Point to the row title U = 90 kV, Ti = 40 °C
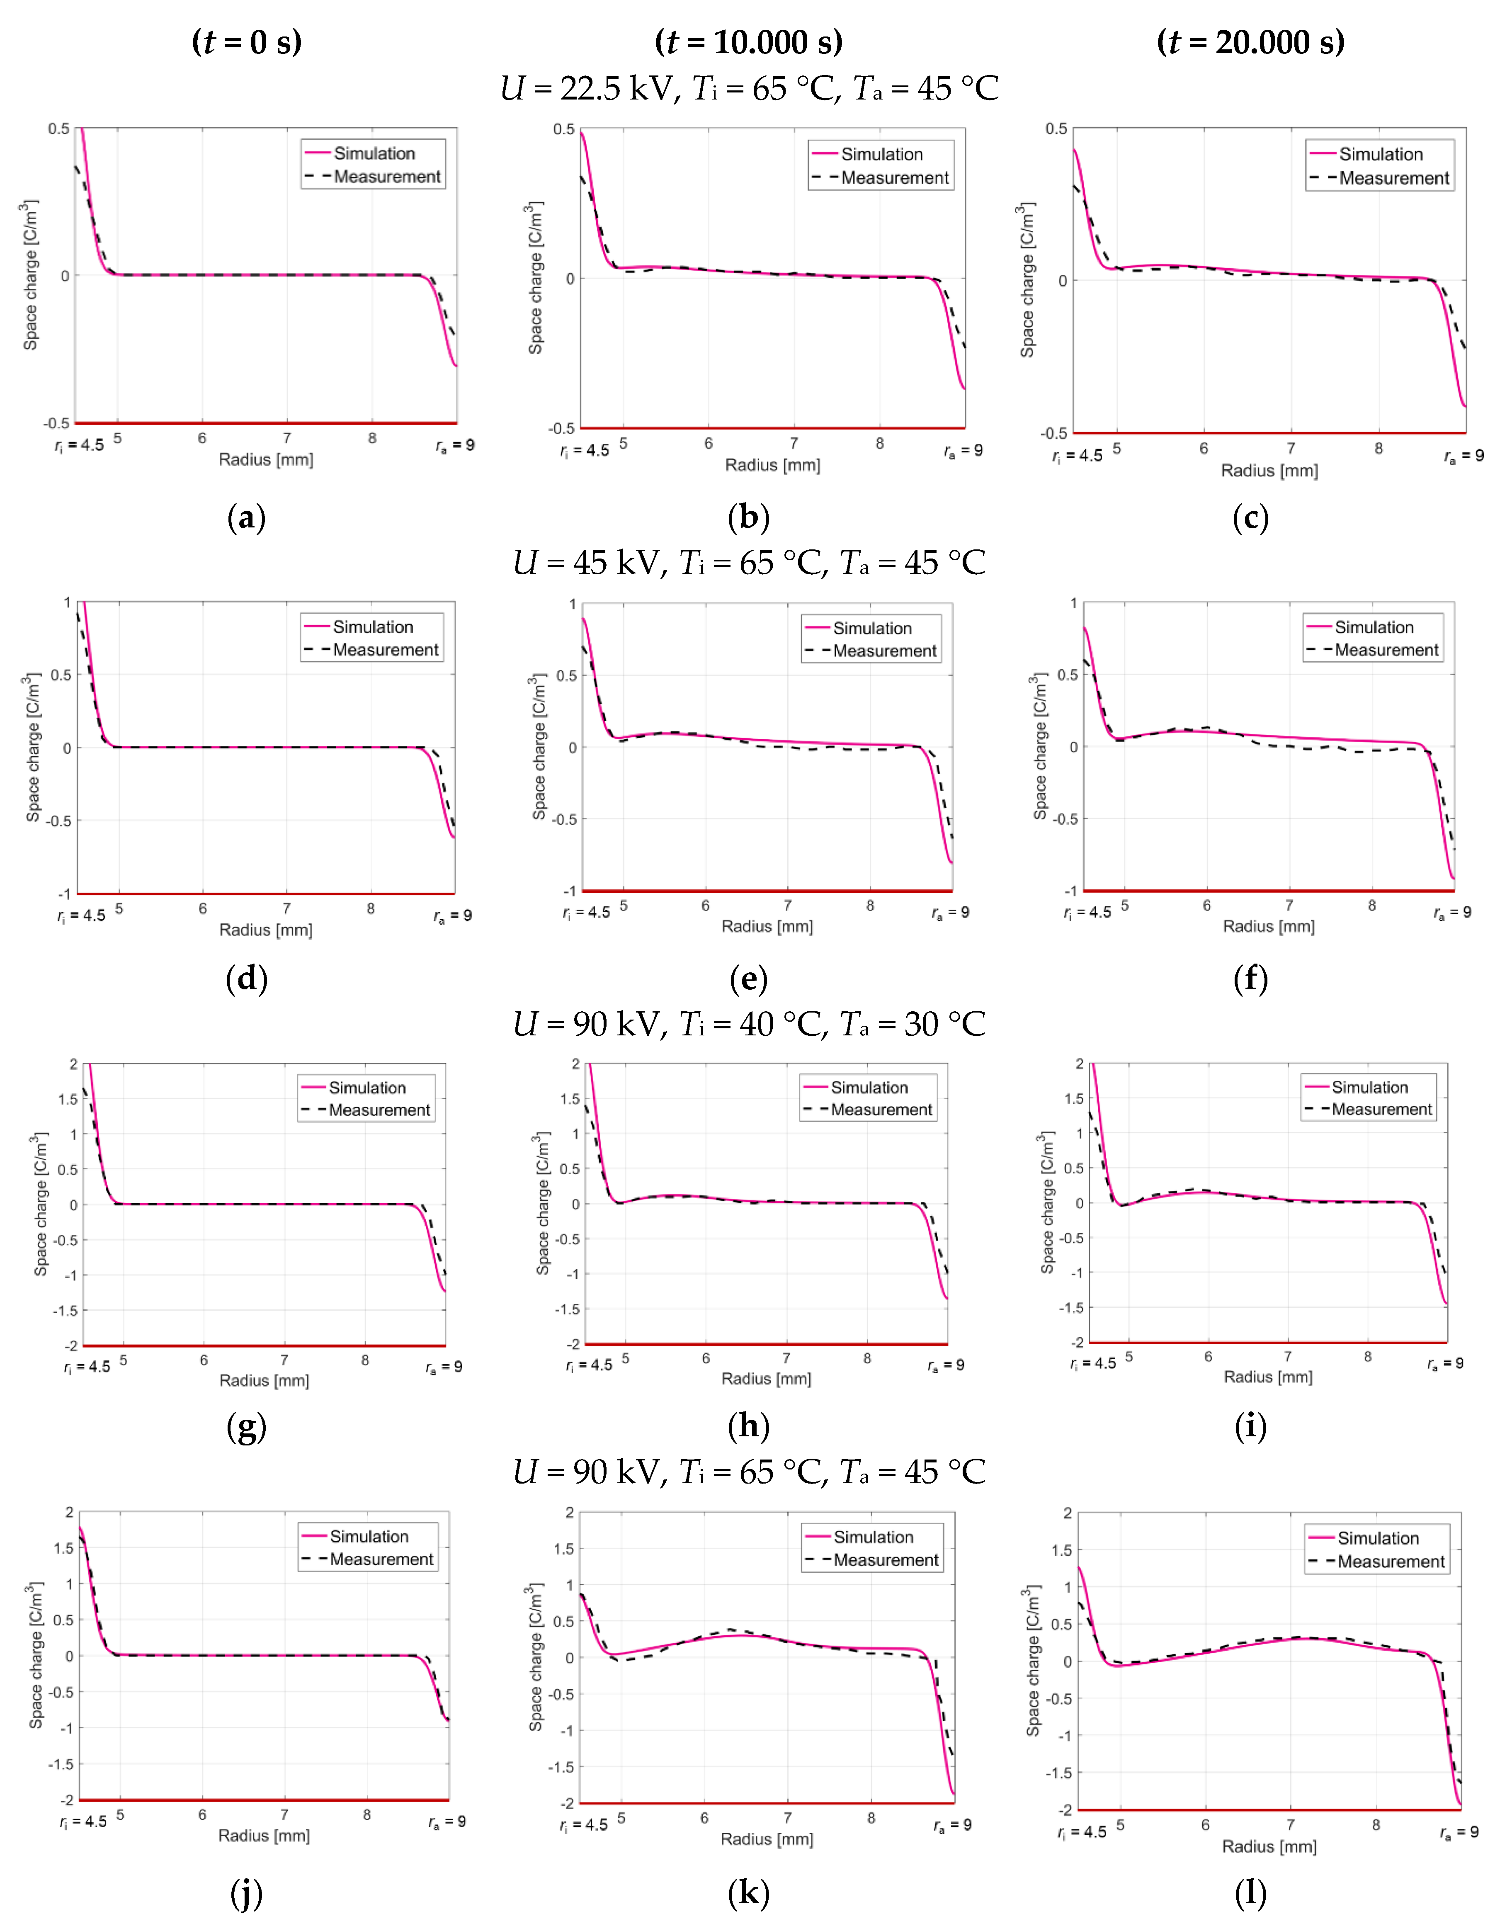749,1024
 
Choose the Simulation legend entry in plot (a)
373,153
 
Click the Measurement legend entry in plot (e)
883,651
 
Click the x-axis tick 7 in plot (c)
1291,449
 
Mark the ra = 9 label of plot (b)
963,451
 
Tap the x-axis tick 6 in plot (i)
1209,1357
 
